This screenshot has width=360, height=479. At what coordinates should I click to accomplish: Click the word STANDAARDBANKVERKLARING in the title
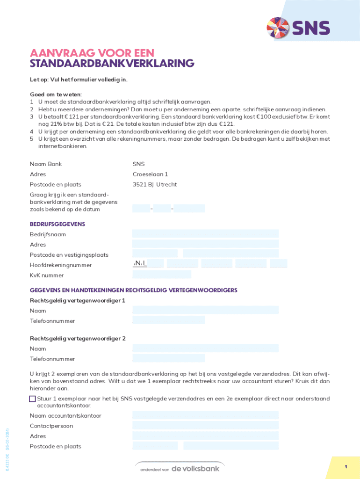112,63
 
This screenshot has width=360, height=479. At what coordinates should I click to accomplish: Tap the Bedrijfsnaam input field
205,233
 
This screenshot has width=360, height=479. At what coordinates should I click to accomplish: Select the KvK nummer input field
161,275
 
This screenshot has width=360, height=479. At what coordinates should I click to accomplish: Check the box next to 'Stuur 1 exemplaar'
32,399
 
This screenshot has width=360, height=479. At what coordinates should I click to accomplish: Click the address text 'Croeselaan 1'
150,174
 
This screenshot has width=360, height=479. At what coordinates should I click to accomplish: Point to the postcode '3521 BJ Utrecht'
154,185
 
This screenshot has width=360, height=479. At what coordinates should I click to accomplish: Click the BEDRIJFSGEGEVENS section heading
58,224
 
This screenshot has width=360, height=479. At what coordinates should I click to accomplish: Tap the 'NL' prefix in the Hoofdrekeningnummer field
140,264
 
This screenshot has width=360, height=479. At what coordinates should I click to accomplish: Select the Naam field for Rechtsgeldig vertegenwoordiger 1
205,310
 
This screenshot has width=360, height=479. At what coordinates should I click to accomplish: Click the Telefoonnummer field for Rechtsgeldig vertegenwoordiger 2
168,358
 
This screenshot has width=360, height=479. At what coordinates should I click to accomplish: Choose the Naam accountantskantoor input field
205,415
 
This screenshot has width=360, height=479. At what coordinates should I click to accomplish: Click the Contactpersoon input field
205,426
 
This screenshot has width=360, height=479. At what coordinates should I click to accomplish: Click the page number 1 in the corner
345,467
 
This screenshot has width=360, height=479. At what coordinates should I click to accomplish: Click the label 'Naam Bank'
46,164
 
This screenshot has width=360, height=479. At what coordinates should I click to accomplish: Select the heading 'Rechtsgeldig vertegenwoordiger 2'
78,338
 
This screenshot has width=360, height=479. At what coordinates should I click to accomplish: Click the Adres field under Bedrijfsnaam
205,244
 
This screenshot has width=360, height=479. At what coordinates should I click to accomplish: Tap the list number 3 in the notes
32,116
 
